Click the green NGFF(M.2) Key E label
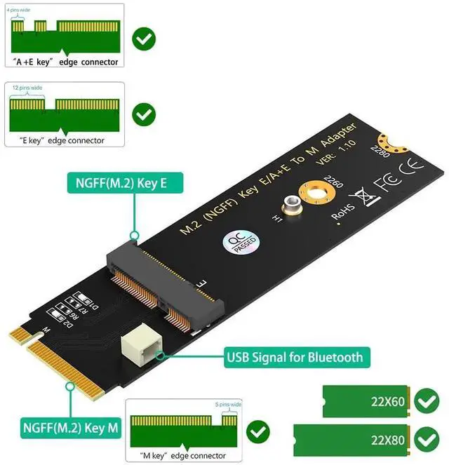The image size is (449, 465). pyautogui.click(x=125, y=184)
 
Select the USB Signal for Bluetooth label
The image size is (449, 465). pyautogui.click(x=295, y=357)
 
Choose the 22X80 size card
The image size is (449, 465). pyautogui.click(x=350, y=440)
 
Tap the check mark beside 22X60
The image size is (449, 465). pyautogui.click(x=426, y=402)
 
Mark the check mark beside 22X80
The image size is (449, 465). pyautogui.click(x=426, y=440)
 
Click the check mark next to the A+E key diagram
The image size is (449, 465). pyautogui.click(x=145, y=38)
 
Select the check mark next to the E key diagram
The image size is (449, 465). pyautogui.click(x=145, y=114)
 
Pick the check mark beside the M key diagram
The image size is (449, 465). pyautogui.click(x=259, y=431)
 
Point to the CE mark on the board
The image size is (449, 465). pyautogui.click(x=410, y=168)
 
